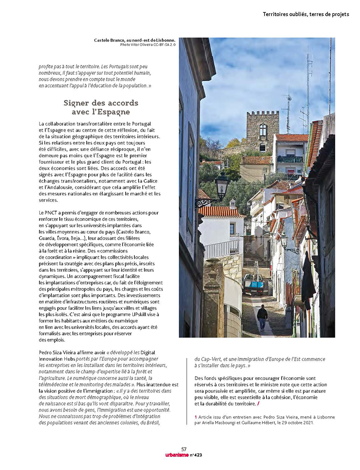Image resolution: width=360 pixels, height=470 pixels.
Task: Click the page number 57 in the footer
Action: [x=183, y=449]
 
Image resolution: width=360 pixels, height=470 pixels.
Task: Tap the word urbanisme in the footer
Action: [x=176, y=454]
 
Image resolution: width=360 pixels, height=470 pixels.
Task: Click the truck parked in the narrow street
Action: [x=253, y=284]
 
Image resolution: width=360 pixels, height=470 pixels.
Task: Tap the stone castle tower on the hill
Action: [x=262, y=130]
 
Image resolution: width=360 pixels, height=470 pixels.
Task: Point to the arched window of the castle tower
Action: [x=262, y=130]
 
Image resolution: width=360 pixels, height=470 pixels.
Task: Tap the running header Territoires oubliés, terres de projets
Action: [x=306, y=14]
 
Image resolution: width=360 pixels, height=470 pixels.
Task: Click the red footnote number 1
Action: [x=196, y=417]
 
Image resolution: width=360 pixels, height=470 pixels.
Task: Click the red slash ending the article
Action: [x=258, y=403]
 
